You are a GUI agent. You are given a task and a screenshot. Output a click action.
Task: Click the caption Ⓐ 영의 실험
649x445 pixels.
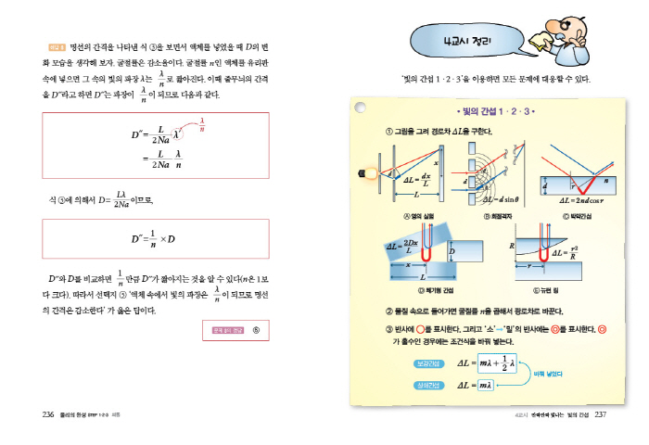tap(403, 215)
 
